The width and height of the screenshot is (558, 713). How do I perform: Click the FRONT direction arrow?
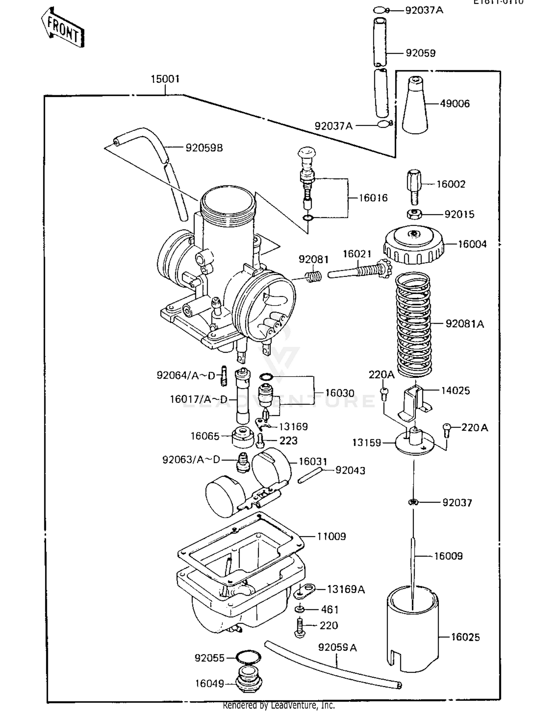click(x=62, y=28)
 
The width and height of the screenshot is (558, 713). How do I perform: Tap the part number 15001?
click(x=165, y=79)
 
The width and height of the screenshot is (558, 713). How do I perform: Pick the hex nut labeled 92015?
click(x=414, y=214)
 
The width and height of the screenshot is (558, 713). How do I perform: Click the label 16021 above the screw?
click(x=357, y=254)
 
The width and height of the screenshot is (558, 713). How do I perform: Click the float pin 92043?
click(x=309, y=475)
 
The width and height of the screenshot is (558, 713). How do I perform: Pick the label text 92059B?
click(x=204, y=148)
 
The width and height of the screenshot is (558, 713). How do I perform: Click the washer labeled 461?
click(x=300, y=609)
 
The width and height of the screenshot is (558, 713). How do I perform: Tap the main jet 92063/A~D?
click(x=243, y=462)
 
